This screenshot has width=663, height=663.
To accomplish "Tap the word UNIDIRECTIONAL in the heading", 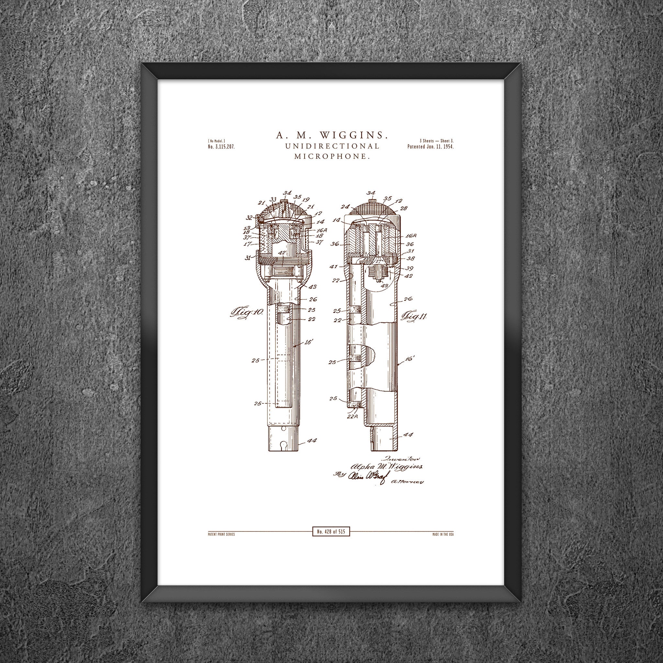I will pyautogui.click(x=332, y=146).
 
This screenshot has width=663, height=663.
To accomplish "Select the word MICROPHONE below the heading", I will pyautogui.click(x=332, y=156).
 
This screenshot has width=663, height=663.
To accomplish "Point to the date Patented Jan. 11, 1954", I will pyautogui.click(x=430, y=147).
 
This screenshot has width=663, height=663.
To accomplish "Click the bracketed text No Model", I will pyautogui.click(x=216, y=141).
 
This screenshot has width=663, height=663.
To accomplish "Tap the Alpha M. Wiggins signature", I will pyautogui.click(x=386, y=467).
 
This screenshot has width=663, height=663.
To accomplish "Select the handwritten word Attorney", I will pyautogui.click(x=407, y=482).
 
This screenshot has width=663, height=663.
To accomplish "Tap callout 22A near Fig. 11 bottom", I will pyautogui.click(x=353, y=416).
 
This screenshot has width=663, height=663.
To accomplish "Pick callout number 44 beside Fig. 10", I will pyautogui.click(x=312, y=440).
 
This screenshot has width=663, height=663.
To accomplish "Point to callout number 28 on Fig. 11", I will pyautogui.click(x=404, y=208).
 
